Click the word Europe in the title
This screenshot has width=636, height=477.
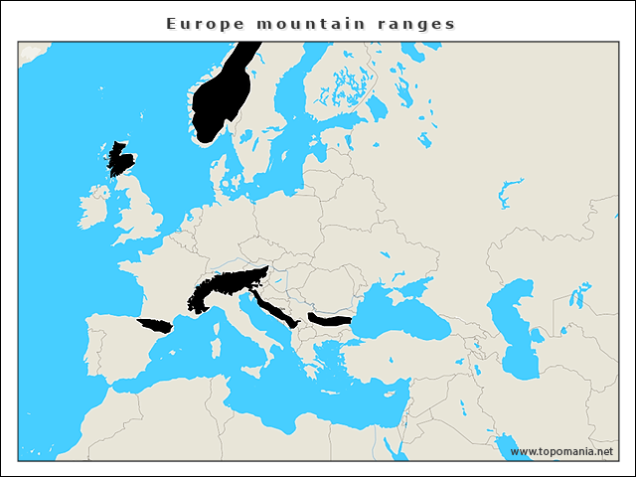coord(199,22)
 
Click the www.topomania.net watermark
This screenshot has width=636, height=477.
coord(561,452)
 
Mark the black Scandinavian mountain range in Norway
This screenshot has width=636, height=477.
coord(222,96)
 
